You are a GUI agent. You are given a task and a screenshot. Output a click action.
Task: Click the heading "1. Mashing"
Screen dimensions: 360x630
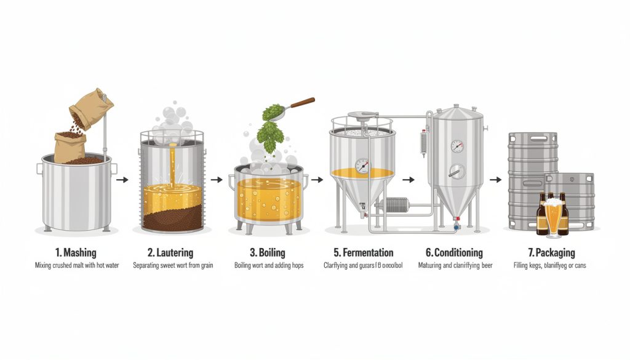pos(76,253)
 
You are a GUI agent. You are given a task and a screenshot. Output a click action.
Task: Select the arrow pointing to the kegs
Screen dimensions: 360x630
pos(495,180)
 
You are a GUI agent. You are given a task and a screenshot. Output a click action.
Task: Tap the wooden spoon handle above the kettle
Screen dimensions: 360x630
pos(301,103)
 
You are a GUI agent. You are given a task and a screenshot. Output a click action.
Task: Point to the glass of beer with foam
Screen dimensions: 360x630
pos(554,215)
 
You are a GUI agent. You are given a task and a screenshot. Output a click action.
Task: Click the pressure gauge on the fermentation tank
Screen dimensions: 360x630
pos(362,166)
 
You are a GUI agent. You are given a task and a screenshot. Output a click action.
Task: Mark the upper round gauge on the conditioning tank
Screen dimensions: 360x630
pos(457,146)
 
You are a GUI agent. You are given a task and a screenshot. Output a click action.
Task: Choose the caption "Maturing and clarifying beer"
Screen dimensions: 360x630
pos(454,266)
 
